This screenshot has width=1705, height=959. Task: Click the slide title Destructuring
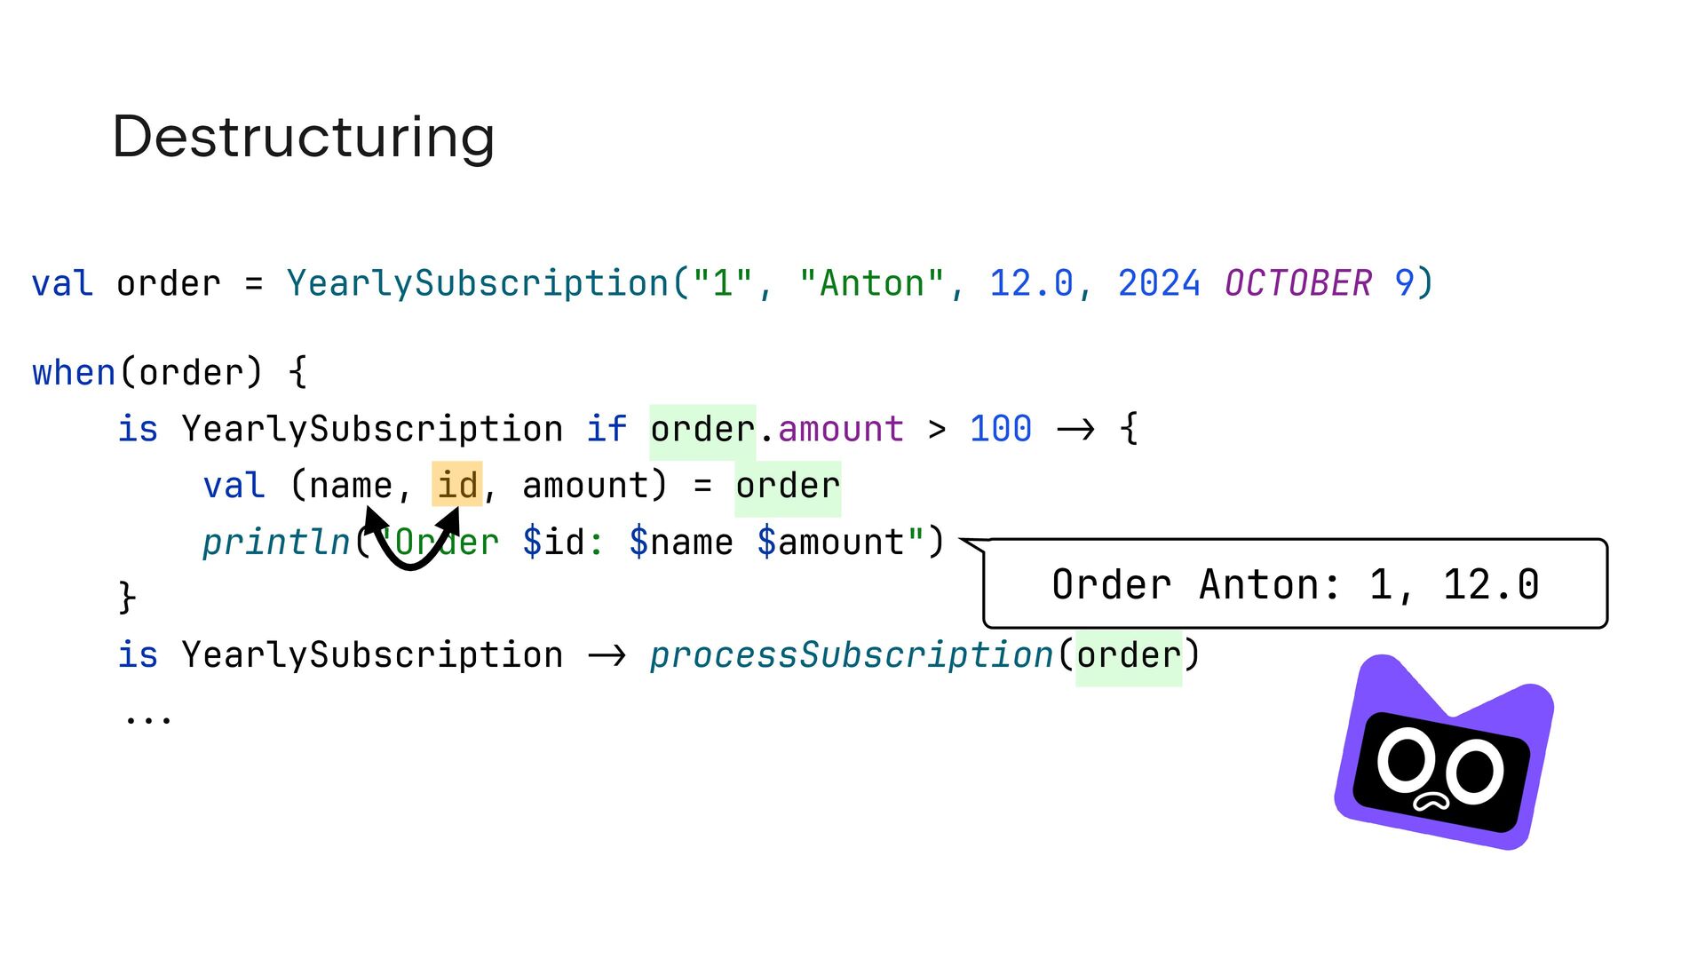[303, 138]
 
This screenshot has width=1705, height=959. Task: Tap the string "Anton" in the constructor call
[871, 284]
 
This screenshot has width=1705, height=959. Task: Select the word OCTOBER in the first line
[1297, 284]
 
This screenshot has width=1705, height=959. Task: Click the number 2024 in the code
[1158, 284]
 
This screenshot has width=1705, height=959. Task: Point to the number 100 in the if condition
[1000, 430]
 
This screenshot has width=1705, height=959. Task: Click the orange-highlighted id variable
[457, 486]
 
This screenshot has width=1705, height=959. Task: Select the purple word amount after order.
[841, 430]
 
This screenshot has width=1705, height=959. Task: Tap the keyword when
[74, 373]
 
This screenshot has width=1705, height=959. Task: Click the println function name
[276, 543]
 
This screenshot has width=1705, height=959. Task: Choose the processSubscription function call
[851, 656]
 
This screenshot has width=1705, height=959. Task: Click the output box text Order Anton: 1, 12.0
[1295, 585]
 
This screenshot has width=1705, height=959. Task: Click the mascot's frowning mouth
[1431, 803]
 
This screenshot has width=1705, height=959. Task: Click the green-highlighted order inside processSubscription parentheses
[1128, 656]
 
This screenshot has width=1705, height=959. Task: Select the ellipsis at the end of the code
[148, 718]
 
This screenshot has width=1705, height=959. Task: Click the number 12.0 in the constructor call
[1031, 284]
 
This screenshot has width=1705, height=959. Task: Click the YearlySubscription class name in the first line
[478, 284]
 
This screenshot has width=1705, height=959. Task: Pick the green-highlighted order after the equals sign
[787, 487]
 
